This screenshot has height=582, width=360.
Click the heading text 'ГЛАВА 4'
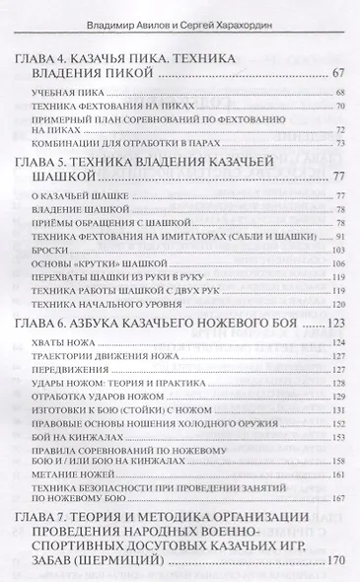pos(47,56)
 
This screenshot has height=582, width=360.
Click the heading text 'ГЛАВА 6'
pos(47,348)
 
